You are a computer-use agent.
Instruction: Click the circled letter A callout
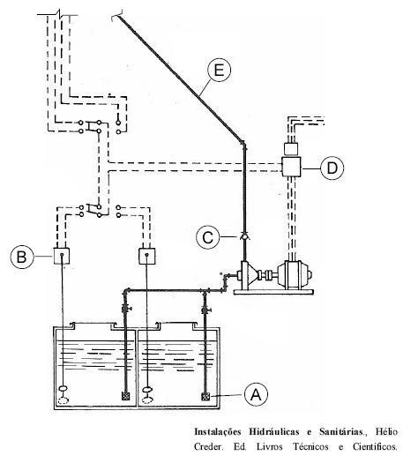(x=256, y=394)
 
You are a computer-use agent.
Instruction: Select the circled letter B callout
(x=21, y=257)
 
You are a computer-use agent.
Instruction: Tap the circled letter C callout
(x=208, y=237)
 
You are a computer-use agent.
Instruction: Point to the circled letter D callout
(x=333, y=168)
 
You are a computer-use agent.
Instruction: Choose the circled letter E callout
(x=219, y=71)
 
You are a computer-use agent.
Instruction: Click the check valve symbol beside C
(x=244, y=236)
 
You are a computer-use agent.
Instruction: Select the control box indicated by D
(x=291, y=168)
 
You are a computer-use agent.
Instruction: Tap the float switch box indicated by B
(x=62, y=256)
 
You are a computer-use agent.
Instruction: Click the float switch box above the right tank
(x=146, y=256)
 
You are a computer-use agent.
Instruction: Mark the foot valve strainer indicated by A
(x=205, y=397)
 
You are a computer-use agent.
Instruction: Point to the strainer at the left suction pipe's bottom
(x=126, y=396)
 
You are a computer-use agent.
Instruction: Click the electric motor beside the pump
(x=294, y=274)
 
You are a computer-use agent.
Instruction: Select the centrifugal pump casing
(x=248, y=274)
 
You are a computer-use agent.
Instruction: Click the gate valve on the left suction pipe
(x=126, y=309)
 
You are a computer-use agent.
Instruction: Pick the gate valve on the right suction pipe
(x=205, y=310)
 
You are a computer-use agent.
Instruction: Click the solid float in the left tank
(x=64, y=389)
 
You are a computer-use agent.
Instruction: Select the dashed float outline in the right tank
(x=147, y=400)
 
